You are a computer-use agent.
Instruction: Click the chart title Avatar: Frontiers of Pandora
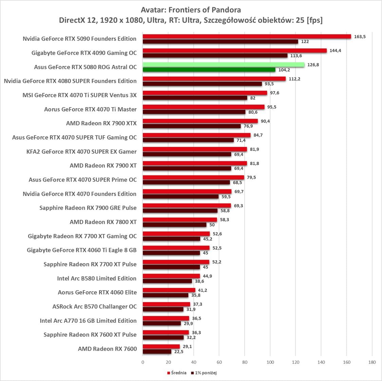(x=191, y=10)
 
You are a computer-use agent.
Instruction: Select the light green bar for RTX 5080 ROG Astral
(x=223, y=65)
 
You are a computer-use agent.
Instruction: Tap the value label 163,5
(x=360, y=37)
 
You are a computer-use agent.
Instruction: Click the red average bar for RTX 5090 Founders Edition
(x=247, y=37)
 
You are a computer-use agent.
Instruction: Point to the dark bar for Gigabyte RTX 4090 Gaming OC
(x=215, y=56)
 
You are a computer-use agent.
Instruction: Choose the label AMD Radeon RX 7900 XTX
(x=101, y=123)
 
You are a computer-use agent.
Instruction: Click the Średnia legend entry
(x=177, y=373)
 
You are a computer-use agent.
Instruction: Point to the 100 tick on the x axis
(x=270, y=362)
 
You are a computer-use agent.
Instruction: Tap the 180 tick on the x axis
(x=372, y=362)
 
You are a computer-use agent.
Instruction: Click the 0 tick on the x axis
(x=143, y=362)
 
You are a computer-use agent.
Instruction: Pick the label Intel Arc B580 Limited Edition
(x=97, y=278)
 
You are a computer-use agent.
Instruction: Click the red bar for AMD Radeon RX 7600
(x=161, y=346)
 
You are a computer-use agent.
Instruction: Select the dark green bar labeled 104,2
(x=209, y=70)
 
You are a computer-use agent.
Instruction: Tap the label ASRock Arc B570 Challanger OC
(x=94, y=306)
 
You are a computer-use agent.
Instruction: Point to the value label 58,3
(x=224, y=220)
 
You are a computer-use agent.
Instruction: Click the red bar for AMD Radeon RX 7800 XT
(x=179, y=220)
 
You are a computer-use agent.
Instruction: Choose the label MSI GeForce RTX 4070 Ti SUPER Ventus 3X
(x=79, y=95)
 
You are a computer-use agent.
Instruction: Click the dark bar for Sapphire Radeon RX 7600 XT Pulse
(x=163, y=338)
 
